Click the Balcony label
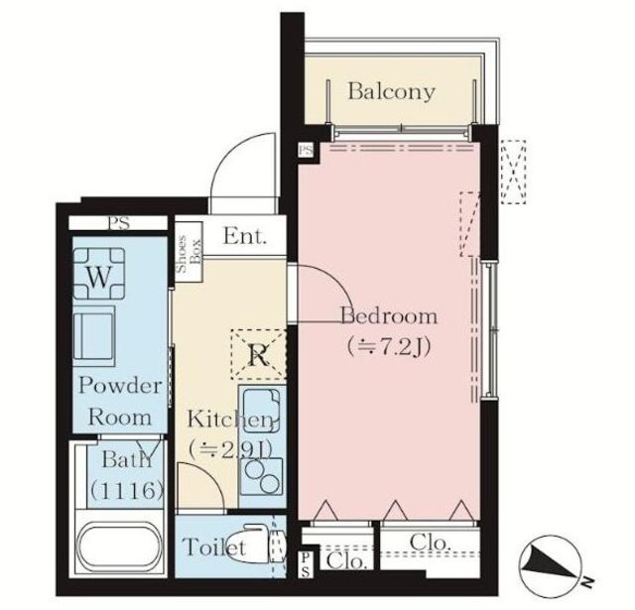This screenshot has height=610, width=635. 391,92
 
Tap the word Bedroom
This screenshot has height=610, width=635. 389,315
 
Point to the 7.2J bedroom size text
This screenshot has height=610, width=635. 388,347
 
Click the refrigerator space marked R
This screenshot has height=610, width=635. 259,354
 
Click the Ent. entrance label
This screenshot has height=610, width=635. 245,236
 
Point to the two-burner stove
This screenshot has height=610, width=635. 262,476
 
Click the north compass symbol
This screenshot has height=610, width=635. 552,566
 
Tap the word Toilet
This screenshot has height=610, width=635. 213,547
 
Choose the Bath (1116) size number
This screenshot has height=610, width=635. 127,490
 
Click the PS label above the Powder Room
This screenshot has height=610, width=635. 119,223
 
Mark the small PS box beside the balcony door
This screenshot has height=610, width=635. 307,150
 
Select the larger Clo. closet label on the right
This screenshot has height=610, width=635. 430,543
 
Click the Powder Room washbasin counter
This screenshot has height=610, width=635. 94,335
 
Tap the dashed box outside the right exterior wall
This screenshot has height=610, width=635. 513,172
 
